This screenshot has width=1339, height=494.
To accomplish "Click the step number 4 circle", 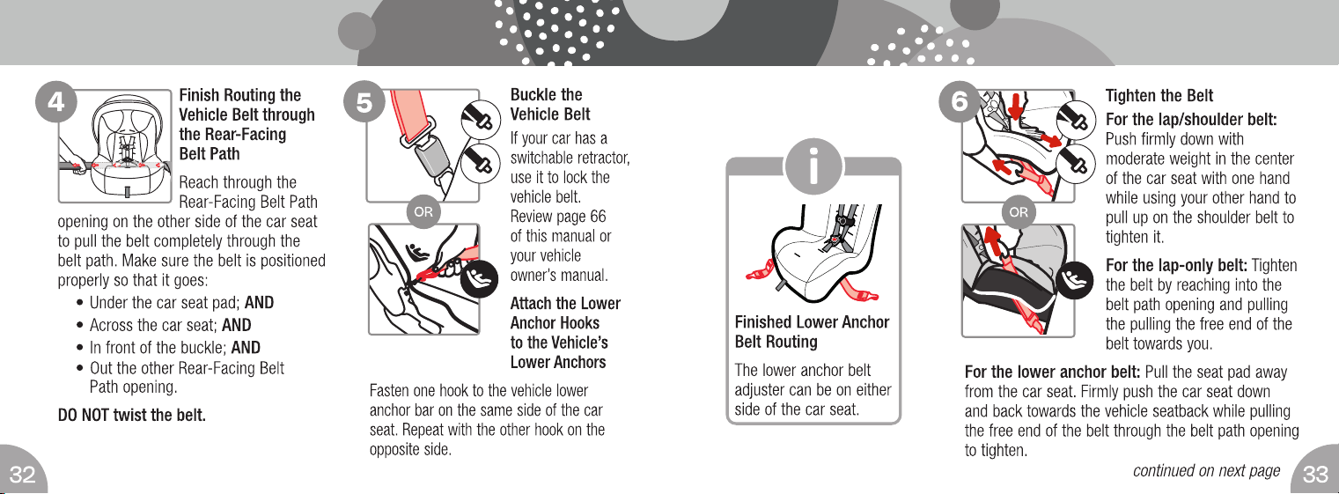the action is (55, 101).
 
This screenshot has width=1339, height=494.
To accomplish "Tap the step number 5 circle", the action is (364, 101).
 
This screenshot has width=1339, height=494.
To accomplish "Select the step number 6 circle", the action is (960, 101).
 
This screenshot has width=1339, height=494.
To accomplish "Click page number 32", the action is (23, 475).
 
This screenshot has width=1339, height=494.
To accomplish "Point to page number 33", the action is (1315, 475).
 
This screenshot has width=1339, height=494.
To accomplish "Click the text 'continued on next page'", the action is (1206, 471).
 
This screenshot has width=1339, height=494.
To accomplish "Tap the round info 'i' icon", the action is (813, 166).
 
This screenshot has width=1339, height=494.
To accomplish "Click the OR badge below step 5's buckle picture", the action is (423, 211).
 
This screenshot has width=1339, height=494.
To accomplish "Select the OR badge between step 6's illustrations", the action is (1019, 211).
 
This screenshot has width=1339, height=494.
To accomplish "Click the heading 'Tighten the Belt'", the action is (1159, 96).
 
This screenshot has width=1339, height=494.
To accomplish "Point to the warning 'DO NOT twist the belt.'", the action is (131, 415).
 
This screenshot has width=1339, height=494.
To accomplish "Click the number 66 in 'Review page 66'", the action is (597, 216).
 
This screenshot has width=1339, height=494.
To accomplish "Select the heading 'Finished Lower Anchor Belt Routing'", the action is (812, 332).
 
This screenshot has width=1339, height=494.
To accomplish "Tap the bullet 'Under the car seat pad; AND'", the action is (181, 303).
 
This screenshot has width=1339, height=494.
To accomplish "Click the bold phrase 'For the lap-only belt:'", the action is (1176, 265).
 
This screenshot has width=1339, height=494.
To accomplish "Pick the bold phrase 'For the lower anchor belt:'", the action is (1052, 372).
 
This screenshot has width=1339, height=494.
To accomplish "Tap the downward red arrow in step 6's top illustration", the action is (1015, 105).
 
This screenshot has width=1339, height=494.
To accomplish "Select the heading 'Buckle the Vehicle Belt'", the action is (550, 104).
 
